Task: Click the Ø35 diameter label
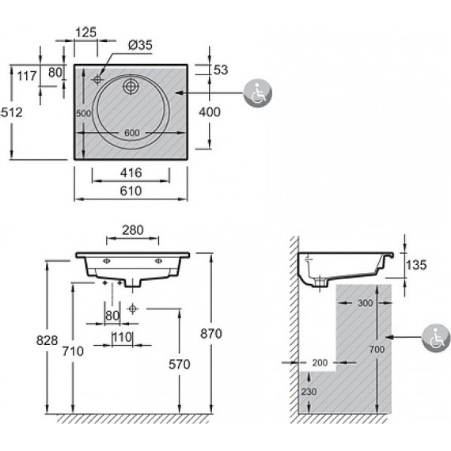140,45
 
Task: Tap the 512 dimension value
12,112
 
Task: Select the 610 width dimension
131,191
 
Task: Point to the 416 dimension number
131,172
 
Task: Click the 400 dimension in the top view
210,112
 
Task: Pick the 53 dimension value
221,70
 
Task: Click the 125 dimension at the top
85,32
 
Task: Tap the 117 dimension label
27,76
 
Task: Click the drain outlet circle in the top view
131,85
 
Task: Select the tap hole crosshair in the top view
97,79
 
